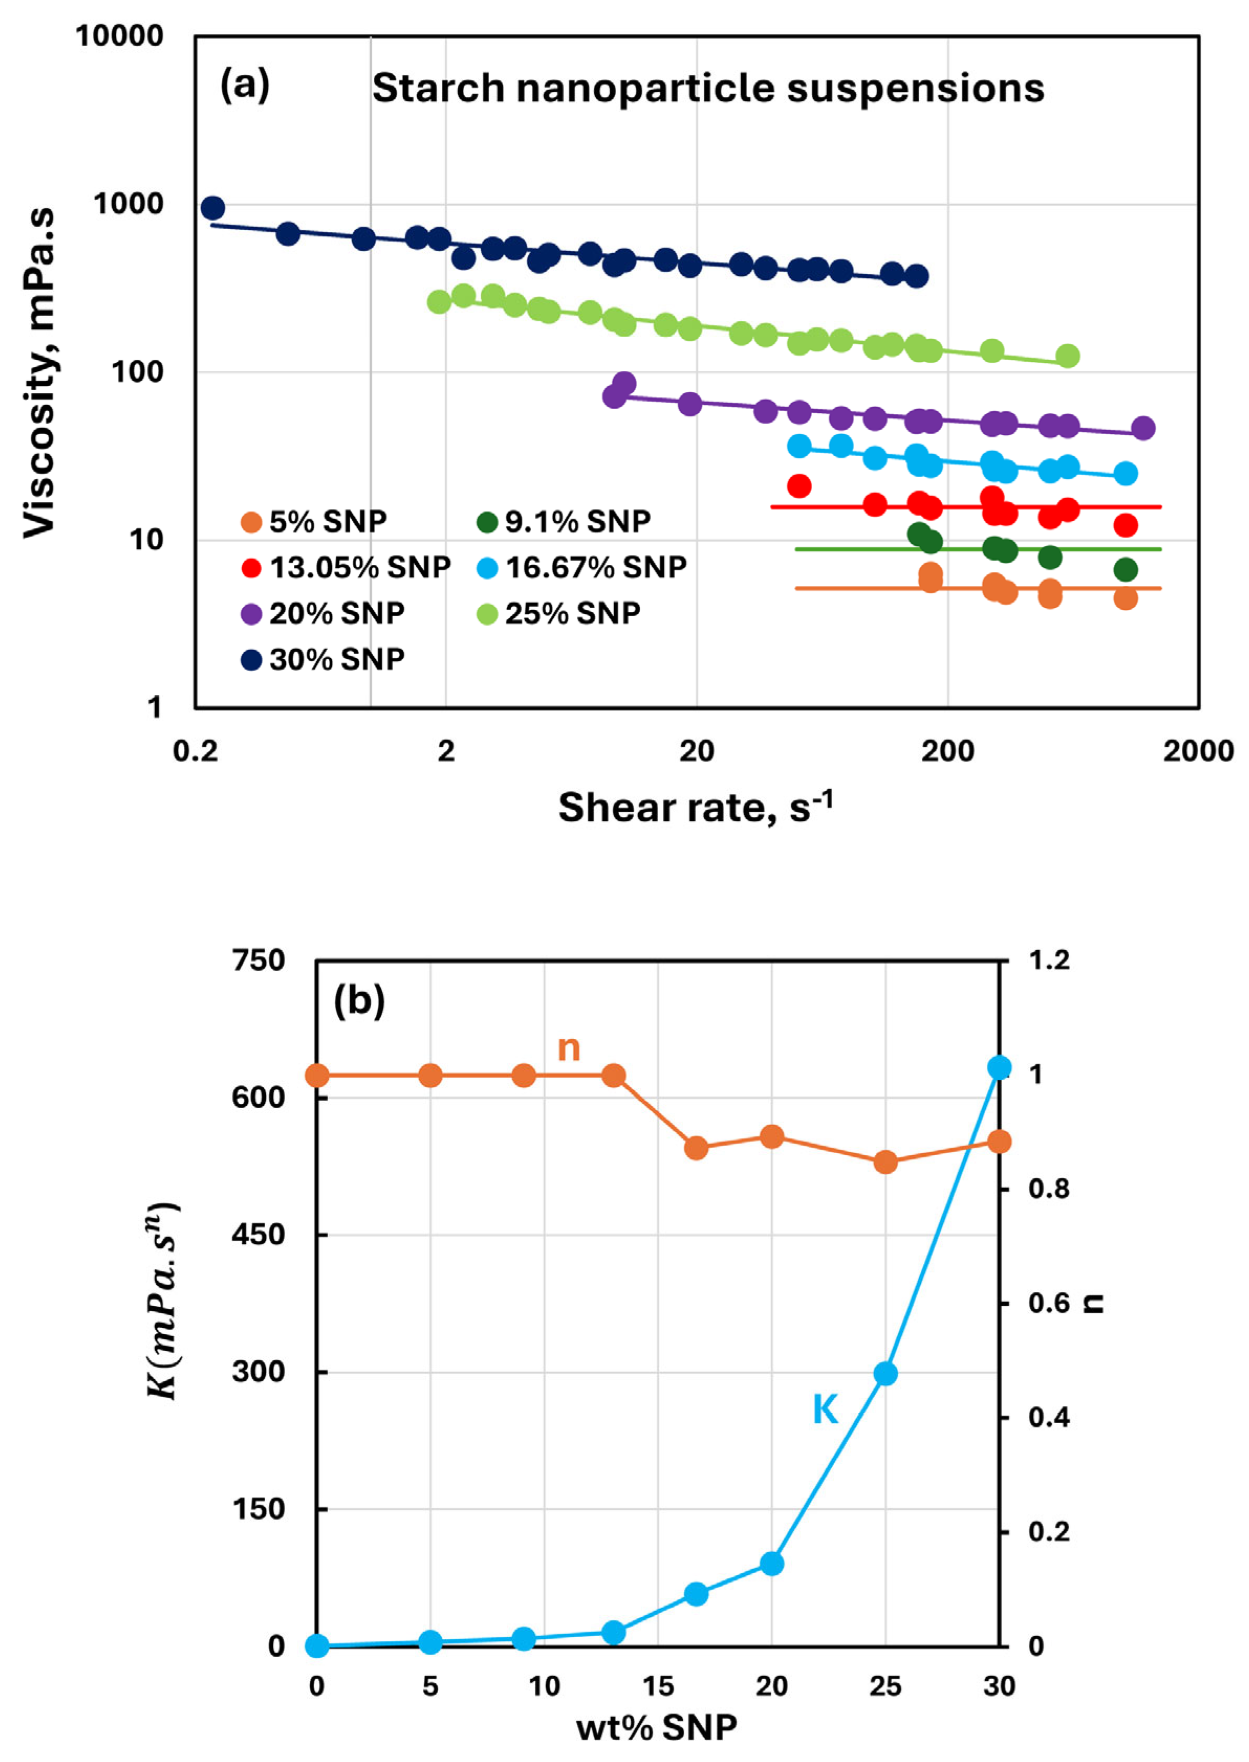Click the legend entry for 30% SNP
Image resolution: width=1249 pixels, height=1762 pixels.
[323, 659]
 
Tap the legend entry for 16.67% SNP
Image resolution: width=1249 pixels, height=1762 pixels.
[582, 567]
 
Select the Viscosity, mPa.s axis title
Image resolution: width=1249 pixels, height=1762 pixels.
[40, 372]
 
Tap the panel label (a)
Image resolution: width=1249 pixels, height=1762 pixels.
[244, 84]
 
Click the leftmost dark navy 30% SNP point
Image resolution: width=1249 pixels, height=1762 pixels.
[213, 208]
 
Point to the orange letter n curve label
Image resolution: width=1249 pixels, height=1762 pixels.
[568, 1048]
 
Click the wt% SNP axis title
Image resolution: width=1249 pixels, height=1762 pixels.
[656, 1728]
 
